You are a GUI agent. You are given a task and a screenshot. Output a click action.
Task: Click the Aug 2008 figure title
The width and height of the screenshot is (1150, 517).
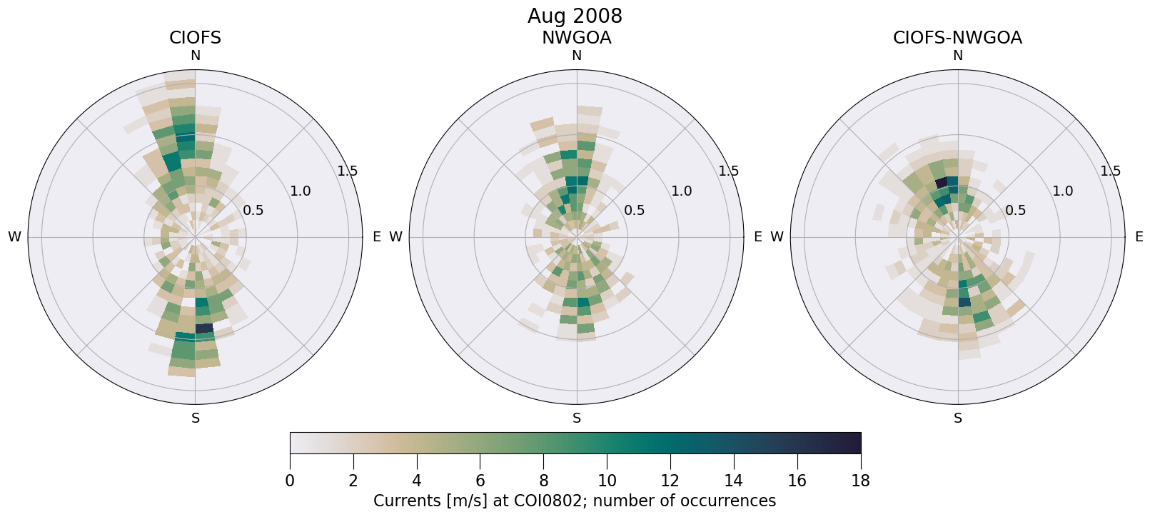pos(575,16)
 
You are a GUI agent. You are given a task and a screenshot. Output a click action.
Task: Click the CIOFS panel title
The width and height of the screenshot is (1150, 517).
pos(195,38)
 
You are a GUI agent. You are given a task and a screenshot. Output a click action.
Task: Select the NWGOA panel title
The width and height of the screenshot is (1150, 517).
pos(576,38)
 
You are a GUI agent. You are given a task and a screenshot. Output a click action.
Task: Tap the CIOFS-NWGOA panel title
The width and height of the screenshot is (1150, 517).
pos(957,38)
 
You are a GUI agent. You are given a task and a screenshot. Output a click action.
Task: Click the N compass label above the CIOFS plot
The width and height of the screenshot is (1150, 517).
pos(195,56)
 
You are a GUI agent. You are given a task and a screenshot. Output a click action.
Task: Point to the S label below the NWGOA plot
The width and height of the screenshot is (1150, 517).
pos(577,418)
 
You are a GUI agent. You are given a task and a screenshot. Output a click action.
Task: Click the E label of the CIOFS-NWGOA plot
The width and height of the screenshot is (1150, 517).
pos(1139,237)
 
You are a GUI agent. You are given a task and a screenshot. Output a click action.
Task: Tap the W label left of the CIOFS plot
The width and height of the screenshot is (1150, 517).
pos(14,237)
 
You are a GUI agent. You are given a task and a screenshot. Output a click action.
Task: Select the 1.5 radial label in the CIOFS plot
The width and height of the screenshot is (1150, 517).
pos(348,171)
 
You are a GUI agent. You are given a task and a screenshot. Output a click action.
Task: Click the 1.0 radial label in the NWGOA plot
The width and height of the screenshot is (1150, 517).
pos(681,191)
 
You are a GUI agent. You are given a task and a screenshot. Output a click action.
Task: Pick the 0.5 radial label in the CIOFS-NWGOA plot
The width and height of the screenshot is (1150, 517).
pos(1015,210)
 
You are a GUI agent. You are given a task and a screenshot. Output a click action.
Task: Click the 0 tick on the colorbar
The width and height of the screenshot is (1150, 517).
pos(290,481)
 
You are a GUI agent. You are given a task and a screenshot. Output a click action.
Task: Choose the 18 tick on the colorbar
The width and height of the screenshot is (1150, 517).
pos(860,481)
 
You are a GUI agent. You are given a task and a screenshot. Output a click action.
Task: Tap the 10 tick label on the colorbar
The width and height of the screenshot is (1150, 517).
pos(607,481)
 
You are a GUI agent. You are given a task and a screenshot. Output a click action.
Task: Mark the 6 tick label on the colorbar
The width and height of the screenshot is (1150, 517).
pos(480,481)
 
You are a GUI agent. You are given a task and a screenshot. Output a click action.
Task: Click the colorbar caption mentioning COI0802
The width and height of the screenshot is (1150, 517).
pos(575,501)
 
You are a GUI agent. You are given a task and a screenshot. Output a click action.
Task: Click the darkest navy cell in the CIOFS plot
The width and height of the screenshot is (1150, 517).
pos(204,328)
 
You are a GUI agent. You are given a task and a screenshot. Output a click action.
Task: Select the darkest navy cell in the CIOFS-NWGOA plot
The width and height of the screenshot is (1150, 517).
pos(941,184)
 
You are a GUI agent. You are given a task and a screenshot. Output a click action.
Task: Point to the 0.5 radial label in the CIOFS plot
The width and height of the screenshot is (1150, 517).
pos(253,210)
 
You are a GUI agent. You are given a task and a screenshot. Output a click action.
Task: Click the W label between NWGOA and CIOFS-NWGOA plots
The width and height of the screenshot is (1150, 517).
pos(777,237)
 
